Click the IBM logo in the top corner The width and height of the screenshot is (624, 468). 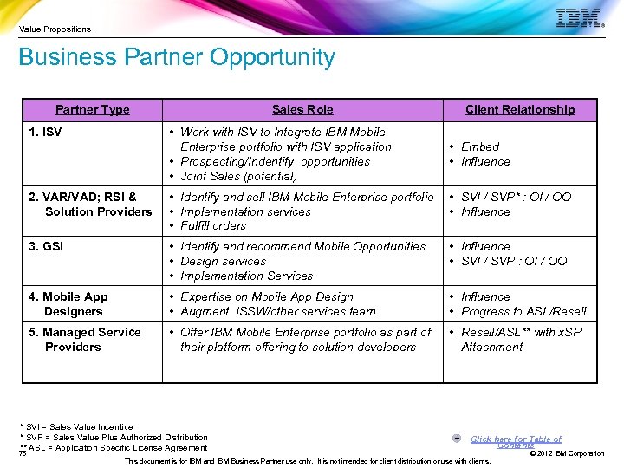578,18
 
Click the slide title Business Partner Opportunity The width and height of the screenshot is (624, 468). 177,58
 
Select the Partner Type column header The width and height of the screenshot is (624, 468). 92,109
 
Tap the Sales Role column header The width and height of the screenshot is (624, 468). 302,109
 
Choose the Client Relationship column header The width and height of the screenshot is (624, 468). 519,109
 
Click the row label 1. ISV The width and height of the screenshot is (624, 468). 45,133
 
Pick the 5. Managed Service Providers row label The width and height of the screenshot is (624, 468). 84,339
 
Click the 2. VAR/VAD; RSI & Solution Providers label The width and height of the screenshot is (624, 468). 90,204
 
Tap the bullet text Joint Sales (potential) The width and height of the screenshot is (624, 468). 238,176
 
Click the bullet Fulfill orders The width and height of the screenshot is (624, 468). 213,225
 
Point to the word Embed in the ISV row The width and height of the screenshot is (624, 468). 480,146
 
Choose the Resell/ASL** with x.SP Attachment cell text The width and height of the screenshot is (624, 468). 521,339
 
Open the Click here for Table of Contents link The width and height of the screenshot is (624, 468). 516,442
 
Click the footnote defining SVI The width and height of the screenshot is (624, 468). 79,426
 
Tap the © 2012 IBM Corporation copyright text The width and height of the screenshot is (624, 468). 567,453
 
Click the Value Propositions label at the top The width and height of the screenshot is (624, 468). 55,29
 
